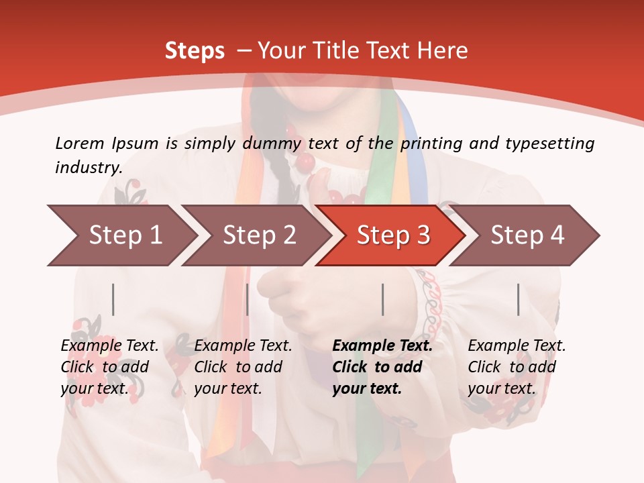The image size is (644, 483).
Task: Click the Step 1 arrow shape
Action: coord(121,235)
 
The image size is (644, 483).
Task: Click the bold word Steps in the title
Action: coord(195,51)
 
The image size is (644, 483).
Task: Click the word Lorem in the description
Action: coord(79,143)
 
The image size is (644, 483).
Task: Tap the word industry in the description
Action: coord(88,167)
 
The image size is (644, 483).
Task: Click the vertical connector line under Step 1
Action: coord(113,299)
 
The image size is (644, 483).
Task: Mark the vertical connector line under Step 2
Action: coord(248,299)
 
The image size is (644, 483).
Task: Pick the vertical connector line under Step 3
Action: coord(382,299)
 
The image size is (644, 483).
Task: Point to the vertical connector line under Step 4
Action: coord(518,299)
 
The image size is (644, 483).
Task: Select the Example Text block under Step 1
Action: coord(109,367)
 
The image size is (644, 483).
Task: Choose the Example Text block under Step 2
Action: coord(243,367)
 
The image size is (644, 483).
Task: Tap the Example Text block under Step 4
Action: coord(516,367)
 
